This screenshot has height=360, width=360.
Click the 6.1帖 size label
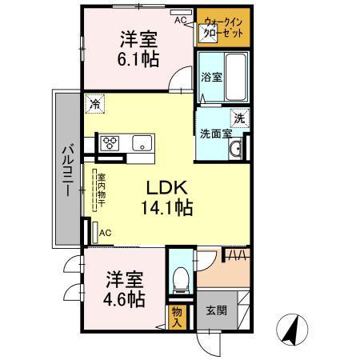[138, 59]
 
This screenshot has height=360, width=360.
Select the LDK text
[166, 187]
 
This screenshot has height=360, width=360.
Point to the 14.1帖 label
[167, 209]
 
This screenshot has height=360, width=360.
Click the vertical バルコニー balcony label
[68, 170]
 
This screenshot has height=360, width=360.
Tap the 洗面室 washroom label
[215, 134]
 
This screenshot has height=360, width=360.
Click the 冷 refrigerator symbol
[95, 102]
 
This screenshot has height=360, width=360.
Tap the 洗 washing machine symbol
[239, 118]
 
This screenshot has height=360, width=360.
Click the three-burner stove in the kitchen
[110, 144]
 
